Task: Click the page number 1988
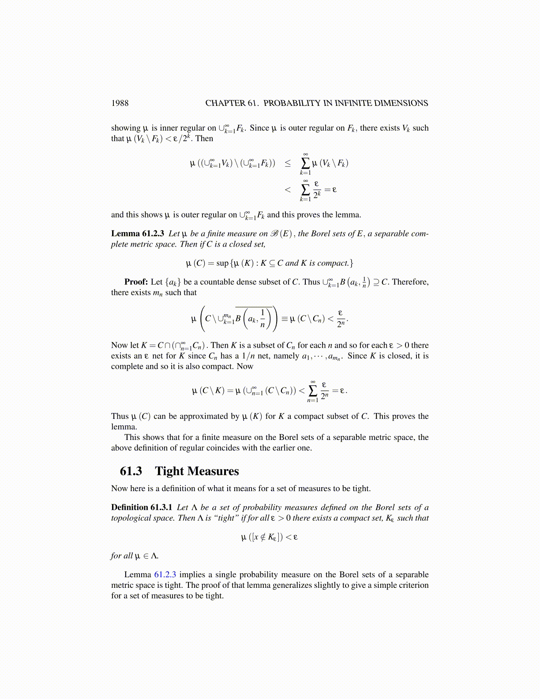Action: click(120, 103)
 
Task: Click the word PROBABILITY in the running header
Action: click(293, 103)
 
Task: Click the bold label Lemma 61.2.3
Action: click(138, 234)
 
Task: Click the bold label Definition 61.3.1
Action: click(142, 507)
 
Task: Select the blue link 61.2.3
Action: click(165, 575)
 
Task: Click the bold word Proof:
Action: click(136, 282)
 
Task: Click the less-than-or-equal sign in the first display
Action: click(288, 163)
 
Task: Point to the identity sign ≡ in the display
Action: click(285, 319)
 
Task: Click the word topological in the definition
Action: click(131, 518)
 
